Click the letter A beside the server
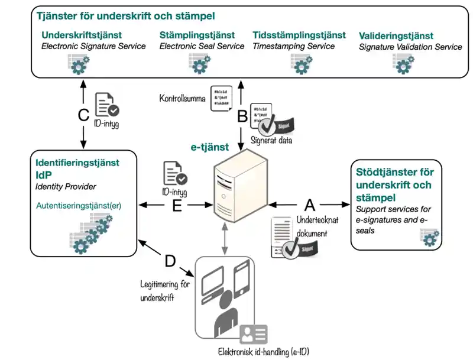pos(309,205)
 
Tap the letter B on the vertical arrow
pos(242,116)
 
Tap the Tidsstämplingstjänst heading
pos(299,35)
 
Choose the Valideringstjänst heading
pos(396,36)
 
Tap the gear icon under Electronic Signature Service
pos(79,63)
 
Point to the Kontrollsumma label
pos(182,98)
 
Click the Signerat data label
pos(271,141)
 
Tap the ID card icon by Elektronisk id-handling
pos(253,335)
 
